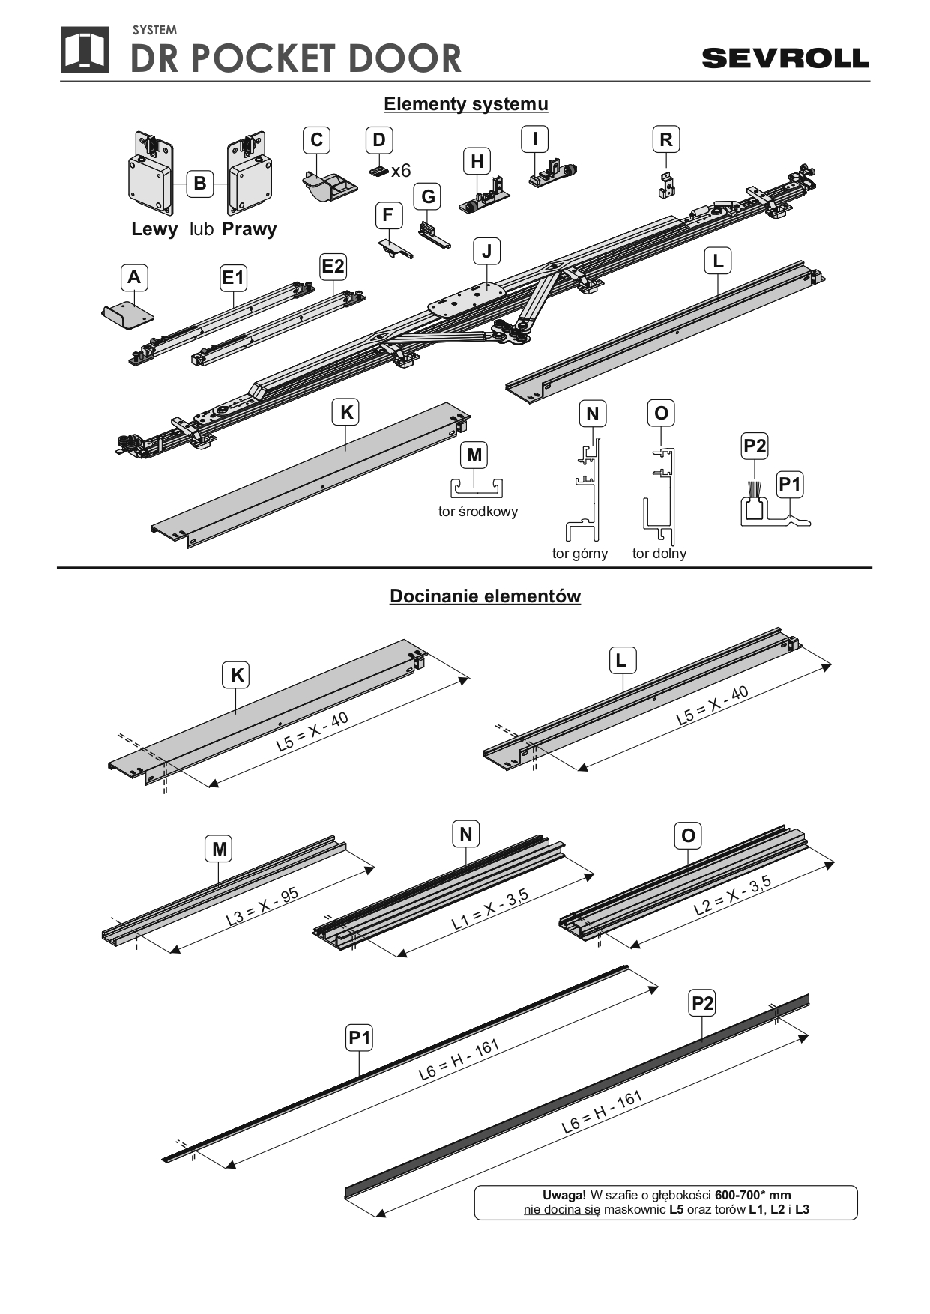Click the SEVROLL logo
pyautogui.click(x=785, y=58)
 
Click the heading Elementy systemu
pyautogui.click(x=465, y=104)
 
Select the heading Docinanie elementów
pyautogui.click(x=485, y=596)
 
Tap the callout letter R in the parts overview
pyautogui.click(x=665, y=139)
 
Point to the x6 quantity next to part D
pyautogui.click(x=401, y=171)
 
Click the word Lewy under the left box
pyautogui.click(x=154, y=229)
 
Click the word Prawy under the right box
pyautogui.click(x=250, y=229)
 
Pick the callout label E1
pyautogui.click(x=233, y=278)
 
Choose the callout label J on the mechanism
pyautogui.click(x=486, y=251)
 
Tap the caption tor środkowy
pyautogui.click(x=478, y=512)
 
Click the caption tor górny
pyautogui.click(x=580, y=554)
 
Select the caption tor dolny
pyautogui.click(x=659, y=554)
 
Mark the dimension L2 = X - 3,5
pyautogui.click(x=732, y=896)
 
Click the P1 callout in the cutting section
pyautogui.click(x=360, y=1038)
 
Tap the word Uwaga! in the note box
pyautogui.click(x=564, y=1195)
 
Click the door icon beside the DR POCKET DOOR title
pyautogui.click(x=85, y=50)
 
